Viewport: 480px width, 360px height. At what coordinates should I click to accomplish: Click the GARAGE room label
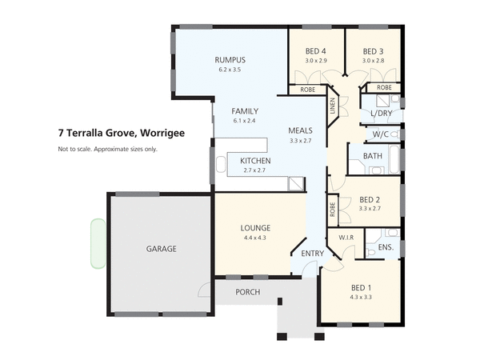(161, 249)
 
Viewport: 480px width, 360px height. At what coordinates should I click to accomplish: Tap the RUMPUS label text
(229, 60)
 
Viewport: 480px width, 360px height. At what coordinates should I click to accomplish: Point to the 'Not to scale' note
(107, 149)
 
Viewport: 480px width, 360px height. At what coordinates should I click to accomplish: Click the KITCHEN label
(256, 161)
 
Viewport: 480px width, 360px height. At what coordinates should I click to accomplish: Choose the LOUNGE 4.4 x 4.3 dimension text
(256, 238)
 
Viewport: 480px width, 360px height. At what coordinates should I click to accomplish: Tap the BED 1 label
(361, 287)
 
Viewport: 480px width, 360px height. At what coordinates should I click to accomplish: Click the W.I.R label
(346, 238)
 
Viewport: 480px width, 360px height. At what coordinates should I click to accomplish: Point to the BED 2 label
(370, 199)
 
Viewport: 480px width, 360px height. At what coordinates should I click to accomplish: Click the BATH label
(372, 156)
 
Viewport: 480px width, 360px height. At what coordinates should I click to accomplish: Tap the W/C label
(381, 134)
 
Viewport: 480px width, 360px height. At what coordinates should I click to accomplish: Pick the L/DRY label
(381, 114)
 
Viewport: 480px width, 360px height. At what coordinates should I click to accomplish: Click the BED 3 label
(374, 50)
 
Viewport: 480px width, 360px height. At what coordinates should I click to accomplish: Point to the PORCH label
(247, 292)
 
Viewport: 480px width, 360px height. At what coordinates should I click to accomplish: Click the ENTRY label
(312, 254)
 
